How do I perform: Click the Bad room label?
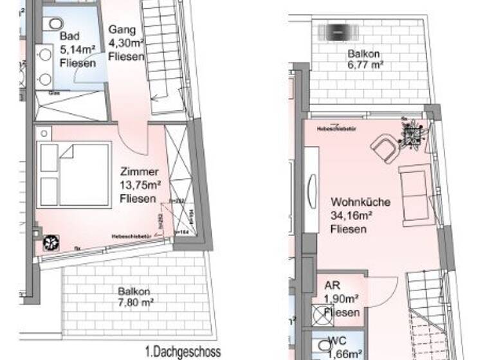(x=69, y=36)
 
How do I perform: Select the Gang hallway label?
(x=121, y=30)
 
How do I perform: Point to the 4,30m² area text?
(x=125, y=43)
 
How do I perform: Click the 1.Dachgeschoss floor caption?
(x=183, y=352)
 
